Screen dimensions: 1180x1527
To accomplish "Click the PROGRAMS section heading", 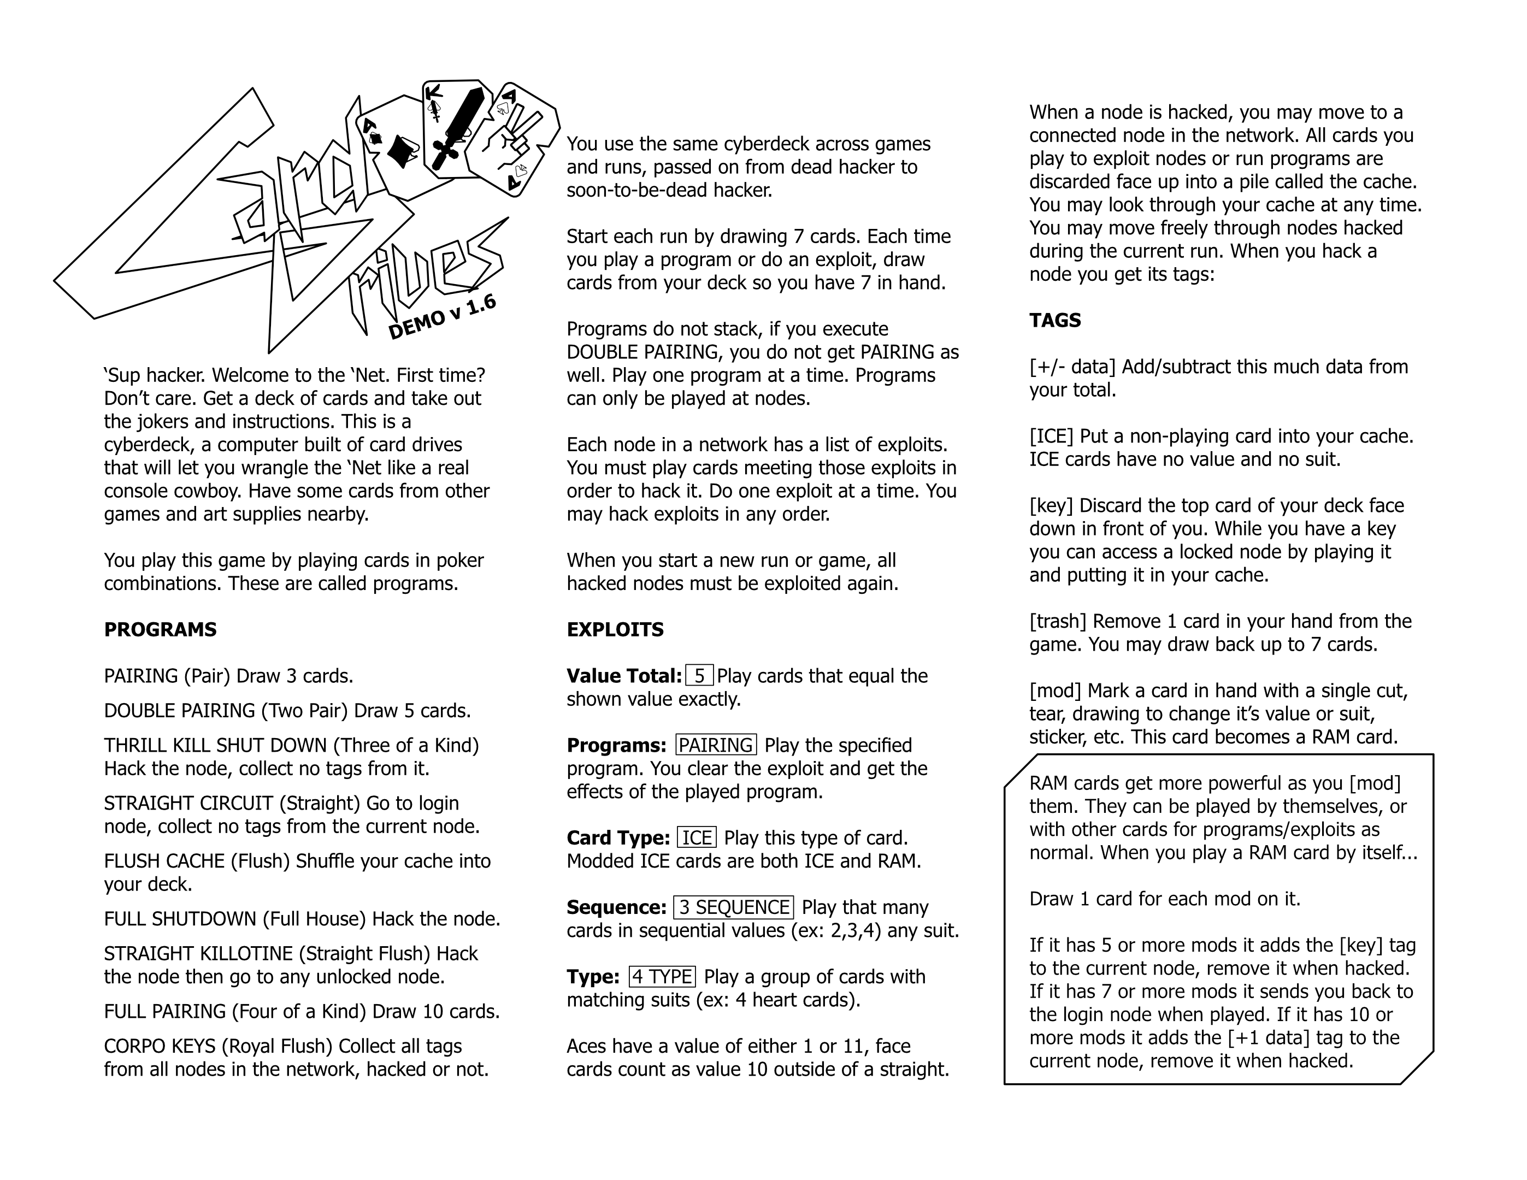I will (x=160, y=630).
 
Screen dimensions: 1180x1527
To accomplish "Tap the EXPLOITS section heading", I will (x=615, y=630).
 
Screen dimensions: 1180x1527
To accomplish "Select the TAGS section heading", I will (x=1055, y=320).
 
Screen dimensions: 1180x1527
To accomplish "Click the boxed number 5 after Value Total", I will (x=699, y=676).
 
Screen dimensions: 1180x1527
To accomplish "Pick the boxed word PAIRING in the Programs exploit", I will (x=716, y=745).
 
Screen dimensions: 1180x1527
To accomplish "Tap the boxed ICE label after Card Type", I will (x=697, y=837).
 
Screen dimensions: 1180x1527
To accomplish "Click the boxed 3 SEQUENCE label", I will (x=733, y=907).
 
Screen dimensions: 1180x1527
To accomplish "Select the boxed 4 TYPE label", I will (x=662, y=977).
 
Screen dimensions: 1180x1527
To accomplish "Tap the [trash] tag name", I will (x=1058, y=622).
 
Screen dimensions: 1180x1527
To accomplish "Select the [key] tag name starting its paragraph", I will (x=1052, y=505).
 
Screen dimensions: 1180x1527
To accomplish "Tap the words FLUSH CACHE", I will (x=164, y=861).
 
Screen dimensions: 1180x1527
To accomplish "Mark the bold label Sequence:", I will (x=616, y=907).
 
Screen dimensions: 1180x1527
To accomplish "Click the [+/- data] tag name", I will (x=1072, y=367).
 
